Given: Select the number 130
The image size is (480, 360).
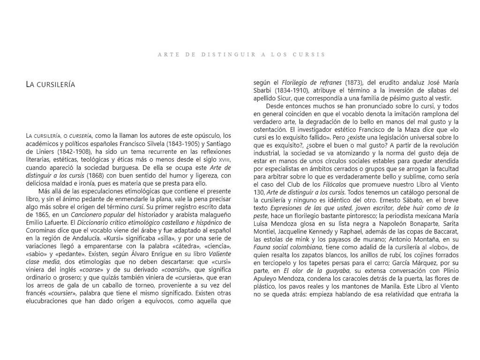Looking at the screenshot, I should (259, 193).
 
